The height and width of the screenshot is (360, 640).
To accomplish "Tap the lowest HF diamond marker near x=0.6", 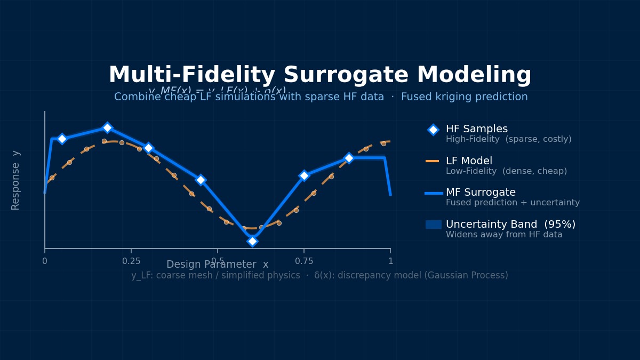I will [252, 241].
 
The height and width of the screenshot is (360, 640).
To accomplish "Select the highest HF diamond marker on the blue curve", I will [107, 127].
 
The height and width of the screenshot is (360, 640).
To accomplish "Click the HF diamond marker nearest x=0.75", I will [304, 175].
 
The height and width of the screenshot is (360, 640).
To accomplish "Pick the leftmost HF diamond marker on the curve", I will [62, 139].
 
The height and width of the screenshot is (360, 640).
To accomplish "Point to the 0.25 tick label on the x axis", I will [131, 261].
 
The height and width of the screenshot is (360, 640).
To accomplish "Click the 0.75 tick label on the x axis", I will [304, 261].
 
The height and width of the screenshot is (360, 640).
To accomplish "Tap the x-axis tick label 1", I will [390, 261].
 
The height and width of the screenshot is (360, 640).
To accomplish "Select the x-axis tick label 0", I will [45, 261].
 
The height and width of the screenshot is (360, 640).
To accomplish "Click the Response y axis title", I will [16, 180].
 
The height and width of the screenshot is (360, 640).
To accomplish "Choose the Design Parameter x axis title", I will [217, 265].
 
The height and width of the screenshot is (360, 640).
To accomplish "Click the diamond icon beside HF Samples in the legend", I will [433, 130].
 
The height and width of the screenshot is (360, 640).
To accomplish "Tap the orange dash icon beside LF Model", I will [432, 161].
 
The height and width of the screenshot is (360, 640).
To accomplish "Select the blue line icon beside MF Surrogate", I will [433, 193].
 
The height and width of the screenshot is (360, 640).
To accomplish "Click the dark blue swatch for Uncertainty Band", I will [433, 225].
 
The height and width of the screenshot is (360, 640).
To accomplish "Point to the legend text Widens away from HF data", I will [504, 235].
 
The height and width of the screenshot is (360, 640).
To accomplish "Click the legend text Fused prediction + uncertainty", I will [513, 203].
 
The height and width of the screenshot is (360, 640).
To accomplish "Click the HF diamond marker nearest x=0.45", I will [201, 180].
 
